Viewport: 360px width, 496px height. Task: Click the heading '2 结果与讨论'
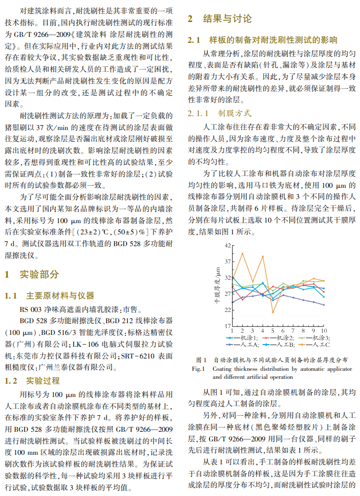[219, 19]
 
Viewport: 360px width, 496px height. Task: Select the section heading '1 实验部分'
[32, 274]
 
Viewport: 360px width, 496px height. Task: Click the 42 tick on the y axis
[227, 245]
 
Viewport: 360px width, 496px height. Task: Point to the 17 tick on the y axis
[227, 325]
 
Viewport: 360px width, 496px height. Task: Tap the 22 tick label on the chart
[227, 309]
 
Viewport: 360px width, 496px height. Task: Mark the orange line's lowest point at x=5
[272, 312]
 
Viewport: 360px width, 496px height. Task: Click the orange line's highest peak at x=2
[242, 253]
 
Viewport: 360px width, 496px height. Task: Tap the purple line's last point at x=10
[324, 304]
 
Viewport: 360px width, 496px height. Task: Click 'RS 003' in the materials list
[30, 309]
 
